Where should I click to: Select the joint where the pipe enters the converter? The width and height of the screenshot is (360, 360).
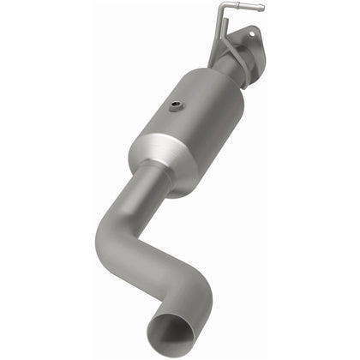click(x=154, y=174)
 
